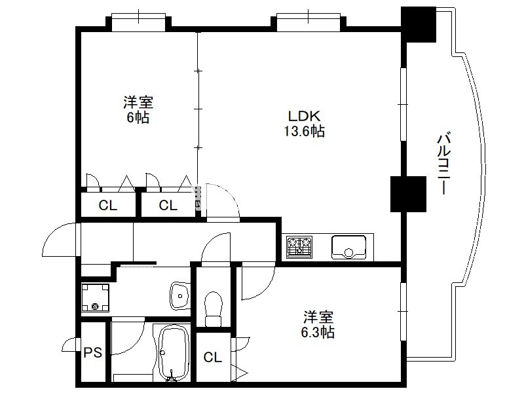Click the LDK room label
click(304, 116)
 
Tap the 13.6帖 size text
click(304, 131)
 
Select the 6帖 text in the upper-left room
click(138, 118)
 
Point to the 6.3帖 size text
click(318, 332)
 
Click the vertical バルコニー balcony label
click(444, 163)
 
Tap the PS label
click(92, 352)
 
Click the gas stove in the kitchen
click(299, 247)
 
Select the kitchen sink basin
click(349, 247)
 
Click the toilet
click(214, 309)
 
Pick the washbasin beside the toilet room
click(180, 296)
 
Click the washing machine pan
click(95, 297)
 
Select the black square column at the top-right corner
click(419, 24)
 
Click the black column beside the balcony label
click(408, 194)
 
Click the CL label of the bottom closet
click(212, 358)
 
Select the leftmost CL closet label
click(108, 205)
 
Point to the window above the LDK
click(309, 22)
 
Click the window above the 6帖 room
click(138, 22)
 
